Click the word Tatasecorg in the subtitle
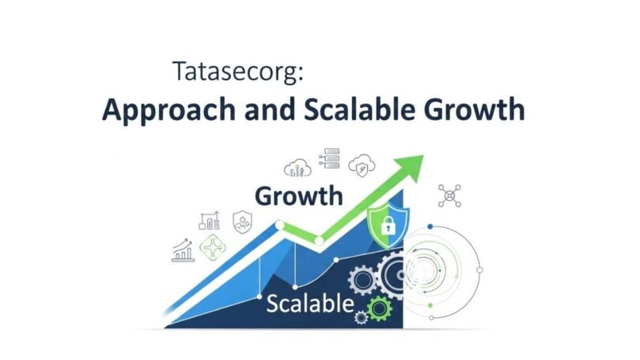click(236, 72)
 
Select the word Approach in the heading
click(169, 109)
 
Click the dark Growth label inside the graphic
click(299, 196)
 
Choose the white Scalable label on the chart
click(310, 304)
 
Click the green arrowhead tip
click(423, 156)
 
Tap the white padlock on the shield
click(388, 225)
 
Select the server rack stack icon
click(330, 158)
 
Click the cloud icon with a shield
click(362, 165)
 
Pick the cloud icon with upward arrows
click(297, 168)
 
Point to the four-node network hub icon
click(449, 196)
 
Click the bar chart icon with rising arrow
click(183, 250)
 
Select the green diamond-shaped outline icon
click(213, 248)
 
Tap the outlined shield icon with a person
click(242, 222)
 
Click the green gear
click(380, 309)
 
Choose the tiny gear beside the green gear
click(361, 317)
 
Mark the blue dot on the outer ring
click(430, 226)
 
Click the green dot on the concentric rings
click(430, 305)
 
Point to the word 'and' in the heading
click(270, 109)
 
